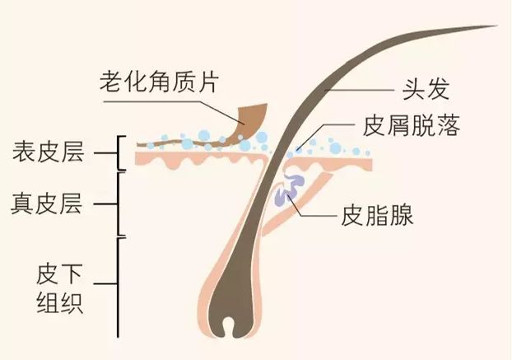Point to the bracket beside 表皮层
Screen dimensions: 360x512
[120, 152]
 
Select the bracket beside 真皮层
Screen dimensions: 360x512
[120, 203]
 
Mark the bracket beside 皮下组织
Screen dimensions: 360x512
[120, 288]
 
